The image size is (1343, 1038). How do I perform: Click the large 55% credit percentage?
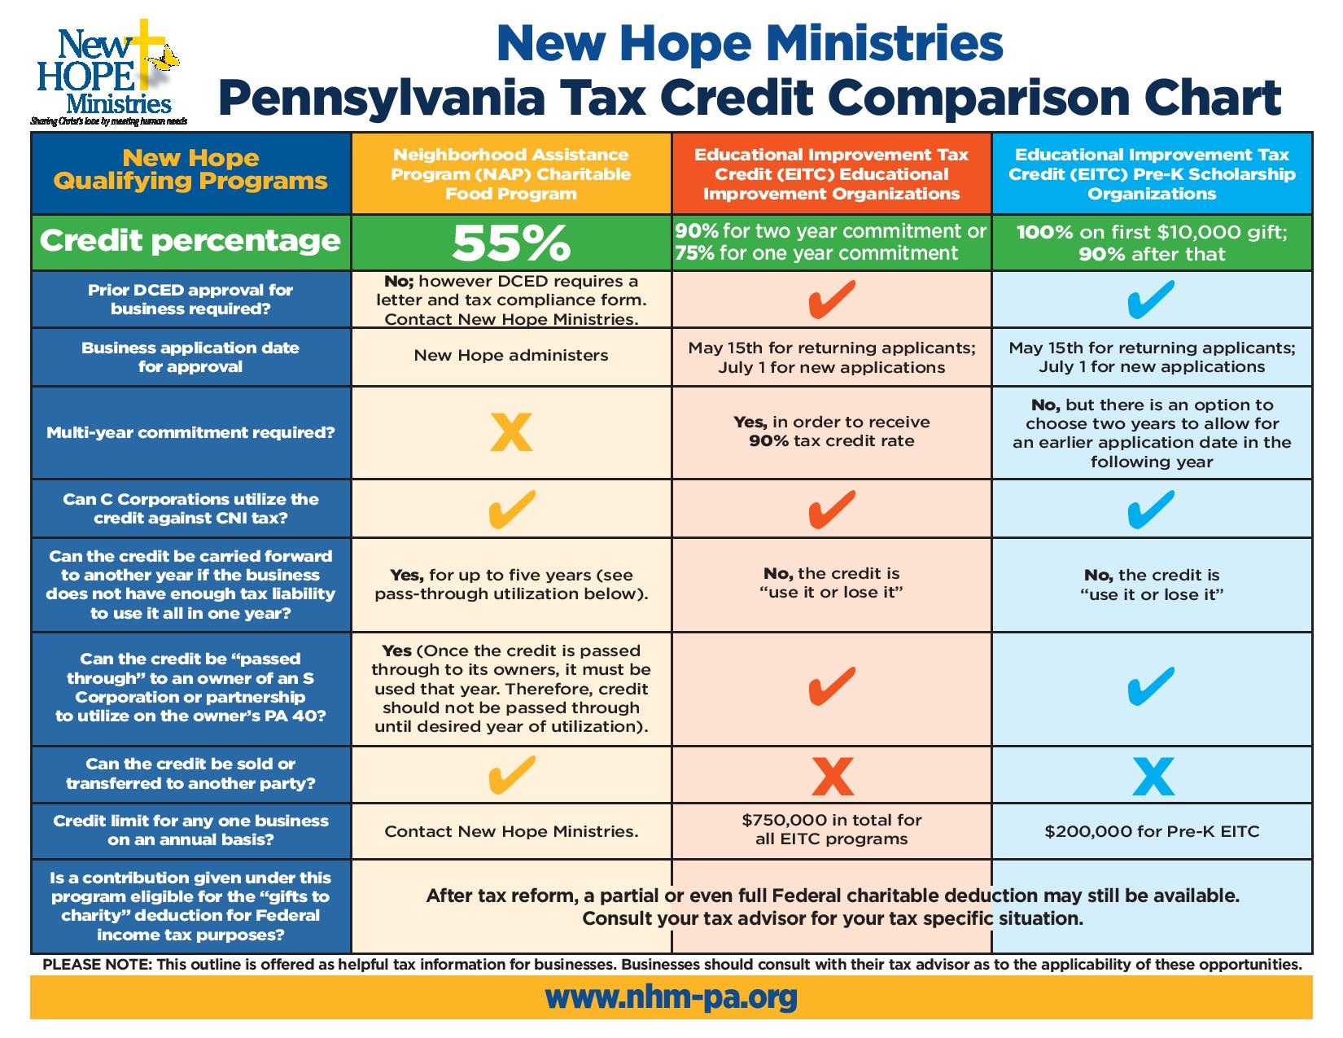(511, 242)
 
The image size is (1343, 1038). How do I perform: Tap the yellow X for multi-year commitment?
(511, 432)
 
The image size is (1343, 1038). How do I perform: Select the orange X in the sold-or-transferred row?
(832, 776)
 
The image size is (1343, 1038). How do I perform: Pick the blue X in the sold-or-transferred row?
(1153, 776)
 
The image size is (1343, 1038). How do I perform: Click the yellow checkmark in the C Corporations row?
(511, 509)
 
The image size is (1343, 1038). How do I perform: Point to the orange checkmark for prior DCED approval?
(832, 299)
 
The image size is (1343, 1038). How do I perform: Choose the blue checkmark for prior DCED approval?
(1153, 299)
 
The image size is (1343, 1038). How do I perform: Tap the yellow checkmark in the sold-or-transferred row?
(511, 774)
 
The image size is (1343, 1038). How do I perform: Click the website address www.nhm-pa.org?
(671, 996)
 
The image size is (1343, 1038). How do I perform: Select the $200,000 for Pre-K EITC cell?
(1152, 831)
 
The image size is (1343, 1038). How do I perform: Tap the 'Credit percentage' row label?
(190, 241)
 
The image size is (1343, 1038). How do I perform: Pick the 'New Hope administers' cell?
(511, 355)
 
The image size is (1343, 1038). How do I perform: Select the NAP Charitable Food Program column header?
(511, 174)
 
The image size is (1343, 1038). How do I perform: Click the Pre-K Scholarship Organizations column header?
(1152, 174)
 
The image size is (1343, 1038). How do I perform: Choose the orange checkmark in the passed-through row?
(832, 686)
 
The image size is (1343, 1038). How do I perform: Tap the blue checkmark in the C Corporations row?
(1153, 509)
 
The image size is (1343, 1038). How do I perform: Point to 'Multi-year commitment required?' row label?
(190, 432)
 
